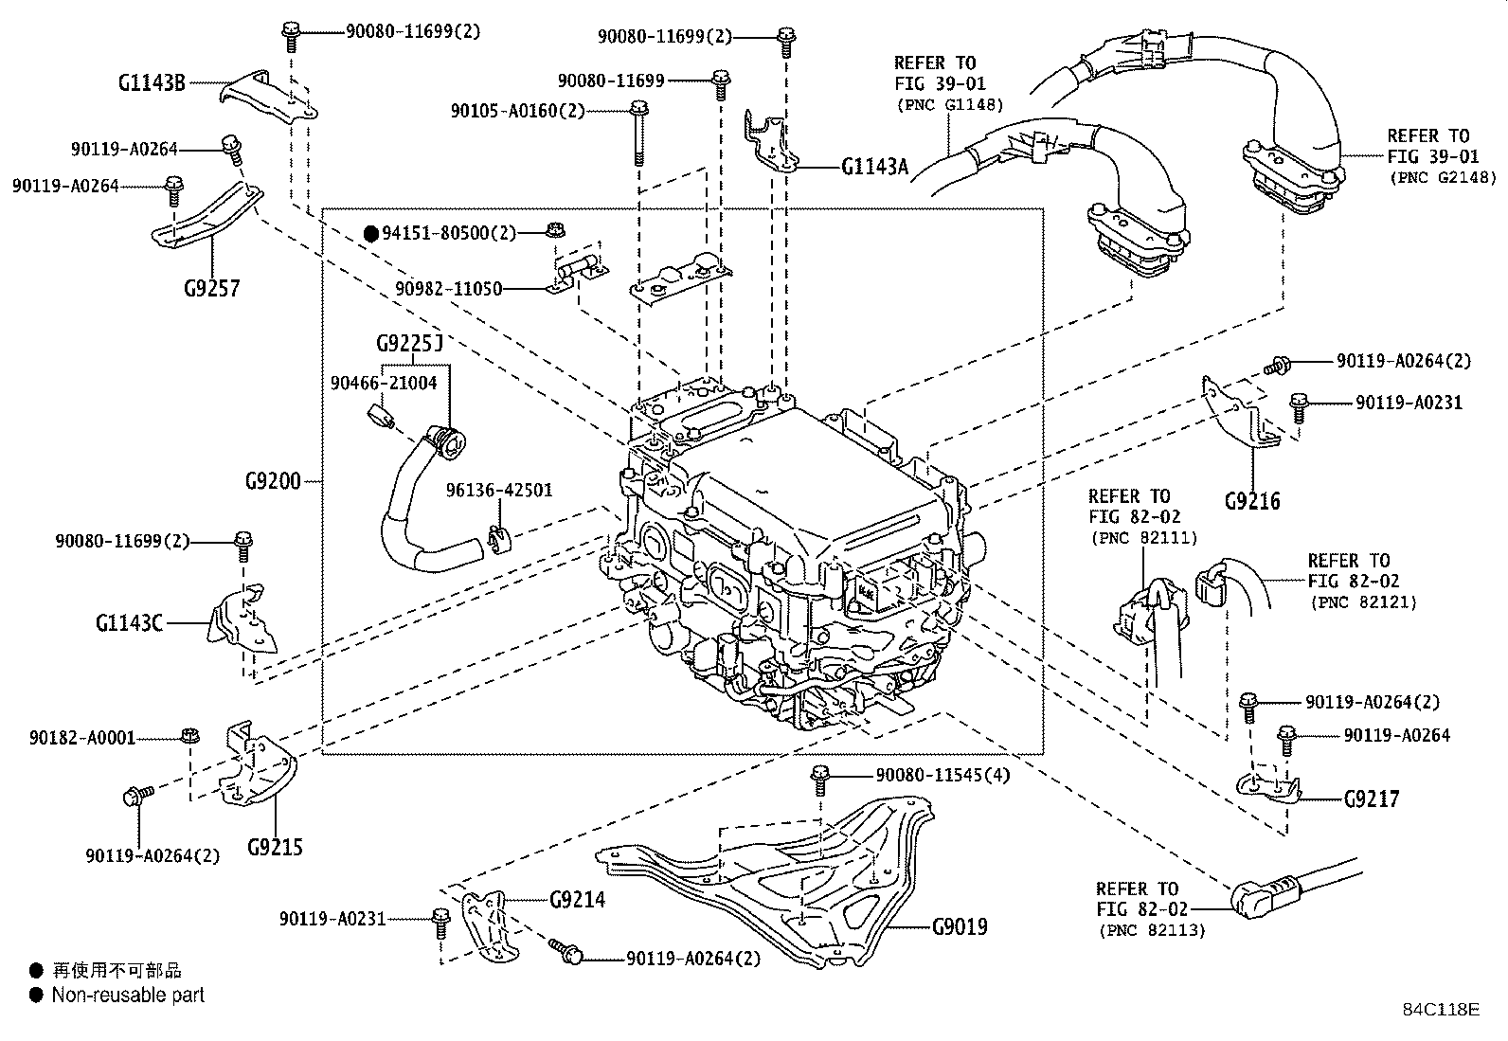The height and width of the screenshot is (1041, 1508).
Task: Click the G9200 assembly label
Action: (x=272, y=481)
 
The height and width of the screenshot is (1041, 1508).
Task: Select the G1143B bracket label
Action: (x=152, y=82)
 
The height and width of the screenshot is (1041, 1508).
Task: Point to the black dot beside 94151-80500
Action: (x=372, y=232)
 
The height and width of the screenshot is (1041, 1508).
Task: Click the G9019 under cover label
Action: (x=959, y=925)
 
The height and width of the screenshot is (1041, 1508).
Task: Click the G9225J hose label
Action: (x=409, y=343)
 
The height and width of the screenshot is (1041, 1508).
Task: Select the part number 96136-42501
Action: (x=499, y=491)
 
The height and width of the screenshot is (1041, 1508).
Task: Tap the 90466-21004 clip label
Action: (x=384, y=383)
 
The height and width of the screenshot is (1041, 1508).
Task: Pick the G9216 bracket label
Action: (x=1251, y=500)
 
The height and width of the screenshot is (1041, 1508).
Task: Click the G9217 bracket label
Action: (x=1371, y=799)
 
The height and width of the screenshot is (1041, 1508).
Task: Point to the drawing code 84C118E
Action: (x=1441, y=1010)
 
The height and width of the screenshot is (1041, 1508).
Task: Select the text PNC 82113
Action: (x=1152, y=930)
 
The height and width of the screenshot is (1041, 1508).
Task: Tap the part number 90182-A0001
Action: (x=82, y=737)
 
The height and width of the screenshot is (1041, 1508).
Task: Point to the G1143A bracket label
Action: (x=873, y=168)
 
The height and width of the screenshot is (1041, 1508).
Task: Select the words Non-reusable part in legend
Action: (x=128, y=996)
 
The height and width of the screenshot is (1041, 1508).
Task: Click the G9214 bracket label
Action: (x=577, y=899)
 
